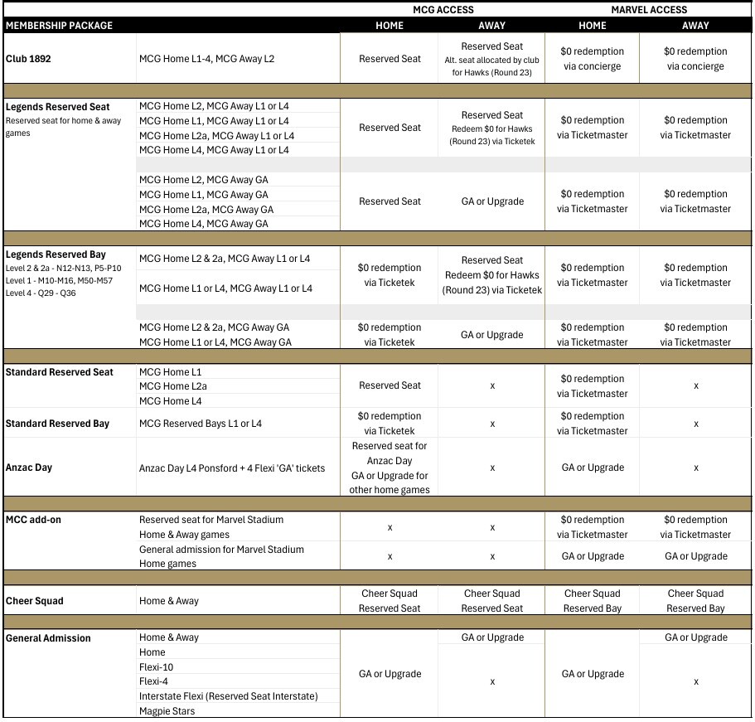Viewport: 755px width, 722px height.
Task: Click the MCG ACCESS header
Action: click(x=443, y=10)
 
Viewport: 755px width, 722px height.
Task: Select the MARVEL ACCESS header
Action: click(x=649, y=10)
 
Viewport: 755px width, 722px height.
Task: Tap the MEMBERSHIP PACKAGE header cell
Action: click(x=59, y=26)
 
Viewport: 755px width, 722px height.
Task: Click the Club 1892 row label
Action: click(x=30, y=59)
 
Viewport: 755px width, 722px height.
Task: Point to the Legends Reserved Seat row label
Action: click(x=57, y=107)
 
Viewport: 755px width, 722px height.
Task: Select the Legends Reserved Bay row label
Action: click(x=56, y=254)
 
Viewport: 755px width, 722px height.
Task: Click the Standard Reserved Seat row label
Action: click(x=59, y=372)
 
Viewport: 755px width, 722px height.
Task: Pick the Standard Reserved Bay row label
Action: click(x=57, y=424)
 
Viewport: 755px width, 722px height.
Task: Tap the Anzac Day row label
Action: click(x=29, y=468)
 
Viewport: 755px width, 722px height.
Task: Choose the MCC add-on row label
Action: click(x=33, y=520)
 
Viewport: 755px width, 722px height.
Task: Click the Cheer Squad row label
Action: click(x=34, y=601)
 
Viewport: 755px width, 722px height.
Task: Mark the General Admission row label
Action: click(x=48, y=638)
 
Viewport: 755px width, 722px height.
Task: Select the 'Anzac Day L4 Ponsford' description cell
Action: click(x=232, y=468)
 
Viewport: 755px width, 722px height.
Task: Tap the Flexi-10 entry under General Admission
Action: click(x=157, y=667)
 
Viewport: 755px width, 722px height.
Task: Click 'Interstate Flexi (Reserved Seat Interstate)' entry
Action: click(x=229, y=696)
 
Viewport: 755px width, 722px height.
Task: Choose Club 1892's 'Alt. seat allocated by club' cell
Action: click(x=491, y=60)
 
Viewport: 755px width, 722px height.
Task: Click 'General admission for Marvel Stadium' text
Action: click(x=221, y=550)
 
